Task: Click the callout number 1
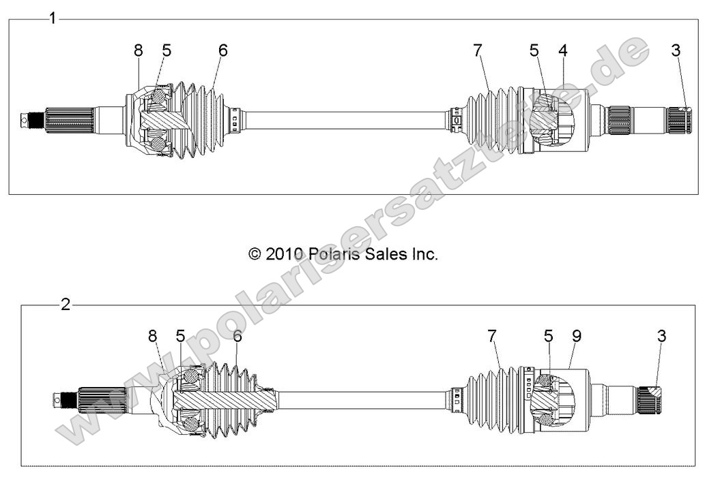(52, 18)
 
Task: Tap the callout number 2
(66, 305)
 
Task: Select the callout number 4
(562, 50)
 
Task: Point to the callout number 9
(577, 336)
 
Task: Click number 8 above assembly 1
(139, 50)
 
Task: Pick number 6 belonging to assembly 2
(238, 336)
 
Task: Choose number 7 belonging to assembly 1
(477, 50)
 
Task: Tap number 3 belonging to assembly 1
(676, 50)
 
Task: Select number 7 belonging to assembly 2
(492, 336)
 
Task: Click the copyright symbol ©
(254, 254)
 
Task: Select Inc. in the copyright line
(422, 254)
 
